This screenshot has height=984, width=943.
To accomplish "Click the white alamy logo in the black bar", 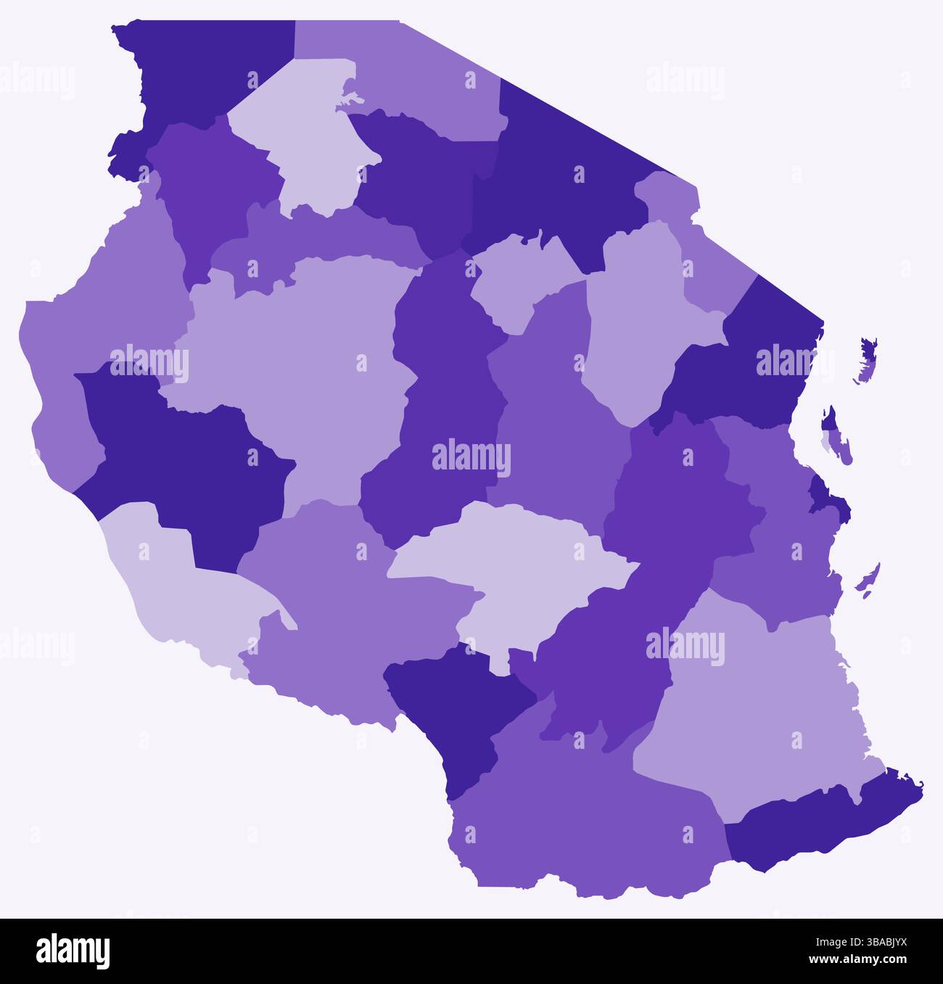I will click(x=73, y=951).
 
